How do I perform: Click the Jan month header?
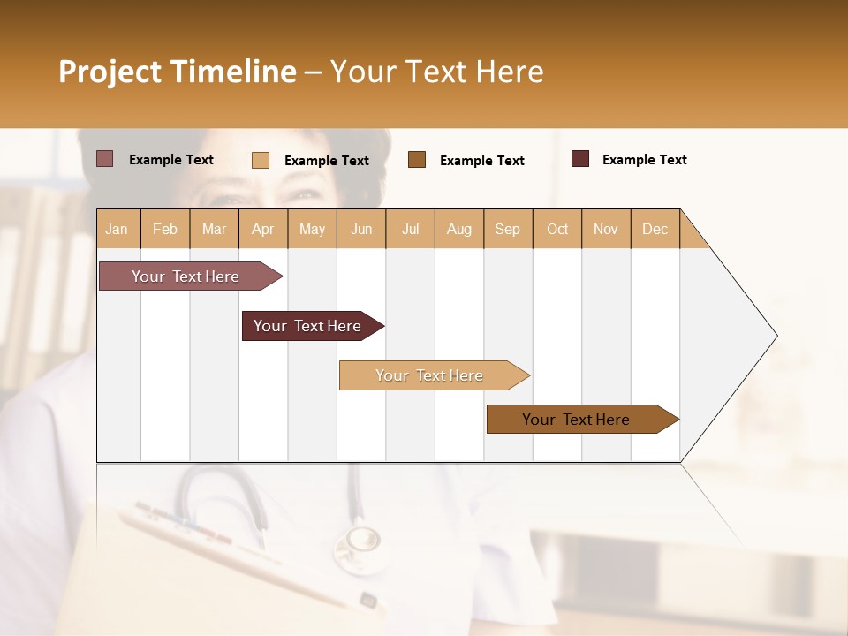[x=117, y=230]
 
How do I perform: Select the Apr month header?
[x=262, y=230]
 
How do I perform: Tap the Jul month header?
[x=410, y=230]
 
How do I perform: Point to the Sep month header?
[x=507, y=230]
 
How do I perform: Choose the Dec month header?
[x=655, y=230]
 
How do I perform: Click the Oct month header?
[x=556, y=230]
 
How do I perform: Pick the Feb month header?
[x=165, y=230]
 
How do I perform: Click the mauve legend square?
[x=105, y=159]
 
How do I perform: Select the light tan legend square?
[x=261, y=160]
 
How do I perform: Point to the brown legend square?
[x=417, y=159]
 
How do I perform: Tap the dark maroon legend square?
[x=580, y=159]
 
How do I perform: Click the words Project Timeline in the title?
[x=177, y=72]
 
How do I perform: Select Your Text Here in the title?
[x=436, y=72]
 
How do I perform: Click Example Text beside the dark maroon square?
[x=644, y=160]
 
